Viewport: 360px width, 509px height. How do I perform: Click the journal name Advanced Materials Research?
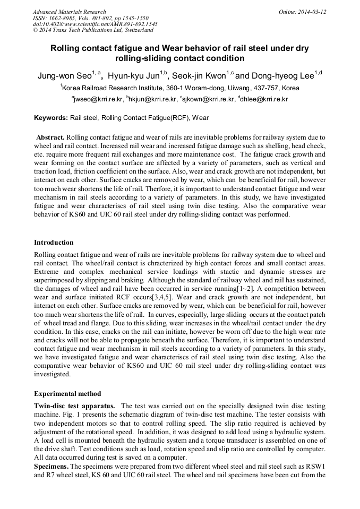pos(69,12)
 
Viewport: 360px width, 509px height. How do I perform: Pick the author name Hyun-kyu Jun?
pos(135,76)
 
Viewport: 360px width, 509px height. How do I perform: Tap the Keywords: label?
pos(50,118)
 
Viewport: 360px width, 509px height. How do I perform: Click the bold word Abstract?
pos(50,137)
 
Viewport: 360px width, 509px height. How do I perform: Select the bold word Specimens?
pos(51,467)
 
